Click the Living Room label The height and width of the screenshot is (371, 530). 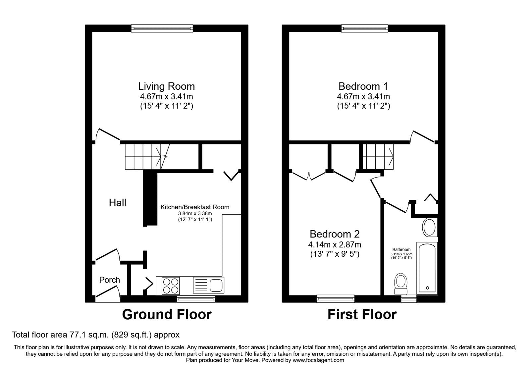pos(166,86)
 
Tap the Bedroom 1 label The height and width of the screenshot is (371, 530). pos(363,86)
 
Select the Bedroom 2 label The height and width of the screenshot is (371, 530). pos(335,234)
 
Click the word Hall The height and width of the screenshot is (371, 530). pos(118,203)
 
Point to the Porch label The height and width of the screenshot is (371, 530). pos(110,280)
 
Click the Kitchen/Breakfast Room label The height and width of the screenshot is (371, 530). pos(195,207)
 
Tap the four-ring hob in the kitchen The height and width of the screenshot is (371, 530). pos(171,286)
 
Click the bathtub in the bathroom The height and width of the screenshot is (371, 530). pos(427,268)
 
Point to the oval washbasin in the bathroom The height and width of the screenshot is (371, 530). pos(429,228)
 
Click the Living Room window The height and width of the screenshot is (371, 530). pos(162,29)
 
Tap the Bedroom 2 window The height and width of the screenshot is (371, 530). pos(336,299)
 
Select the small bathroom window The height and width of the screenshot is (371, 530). pos(408,299)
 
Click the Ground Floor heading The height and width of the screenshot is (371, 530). pos(167,314)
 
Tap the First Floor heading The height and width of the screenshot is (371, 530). pos(362,314)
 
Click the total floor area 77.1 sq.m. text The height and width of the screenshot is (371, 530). pos(95,335)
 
